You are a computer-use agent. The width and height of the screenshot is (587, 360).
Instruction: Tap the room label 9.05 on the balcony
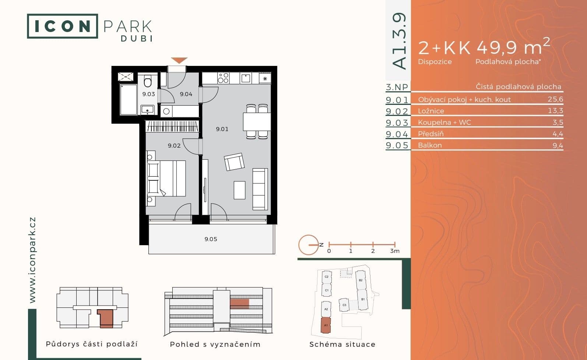[211, 239]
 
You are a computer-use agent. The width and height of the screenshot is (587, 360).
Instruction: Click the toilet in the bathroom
[148, 82]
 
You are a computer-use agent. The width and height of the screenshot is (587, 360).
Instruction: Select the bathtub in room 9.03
[128, 99]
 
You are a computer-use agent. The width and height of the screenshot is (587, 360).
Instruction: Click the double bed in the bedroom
[166, 178]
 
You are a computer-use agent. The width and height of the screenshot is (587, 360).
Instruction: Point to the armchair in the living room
[234, 162]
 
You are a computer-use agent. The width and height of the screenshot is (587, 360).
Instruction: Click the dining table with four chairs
[257, 121]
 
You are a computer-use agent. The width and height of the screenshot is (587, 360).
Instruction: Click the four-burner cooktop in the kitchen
[223, 78]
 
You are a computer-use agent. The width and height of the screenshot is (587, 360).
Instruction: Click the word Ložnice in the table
[431, 111]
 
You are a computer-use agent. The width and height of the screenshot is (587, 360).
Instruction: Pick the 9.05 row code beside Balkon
[397, 145]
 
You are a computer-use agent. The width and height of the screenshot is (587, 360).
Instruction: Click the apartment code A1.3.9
[399, 41]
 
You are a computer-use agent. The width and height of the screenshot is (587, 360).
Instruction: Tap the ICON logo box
[62, 26]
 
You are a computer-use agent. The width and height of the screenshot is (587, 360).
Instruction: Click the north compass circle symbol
[308, 245]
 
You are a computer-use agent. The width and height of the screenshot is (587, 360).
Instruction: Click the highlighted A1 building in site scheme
[326, 325]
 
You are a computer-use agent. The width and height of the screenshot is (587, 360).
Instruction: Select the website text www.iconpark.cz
[32, 260]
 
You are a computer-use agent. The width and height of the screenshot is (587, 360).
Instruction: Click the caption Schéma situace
[342, 345]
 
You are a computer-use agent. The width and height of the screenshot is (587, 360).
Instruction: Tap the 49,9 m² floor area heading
[513, 47]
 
